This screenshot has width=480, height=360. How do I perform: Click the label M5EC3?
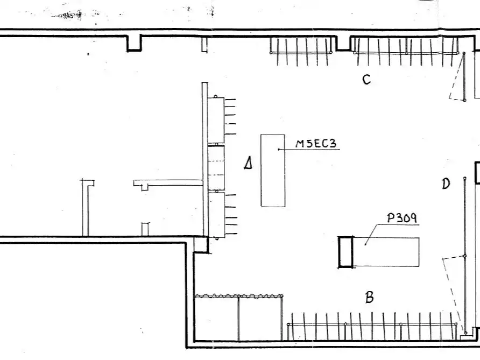(x=316, y=144)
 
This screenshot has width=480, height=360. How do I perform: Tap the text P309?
(x=402, y=217)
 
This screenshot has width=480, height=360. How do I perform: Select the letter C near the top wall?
(x=366, y=80)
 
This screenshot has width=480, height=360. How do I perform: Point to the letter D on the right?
(x=446, y=183)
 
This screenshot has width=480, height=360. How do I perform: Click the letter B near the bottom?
(x=370, y=297)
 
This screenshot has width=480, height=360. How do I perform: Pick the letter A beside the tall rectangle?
(x=248, y=163)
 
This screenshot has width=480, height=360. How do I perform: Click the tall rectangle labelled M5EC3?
(x=273, y=171)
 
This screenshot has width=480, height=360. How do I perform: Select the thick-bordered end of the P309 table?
(x=346, y=252)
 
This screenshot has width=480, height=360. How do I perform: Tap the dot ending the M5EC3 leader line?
(x=279, y=150)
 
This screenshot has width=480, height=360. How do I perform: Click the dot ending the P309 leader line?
(x=365, y=244)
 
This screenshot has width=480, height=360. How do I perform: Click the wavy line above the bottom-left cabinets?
(x=239, y=296)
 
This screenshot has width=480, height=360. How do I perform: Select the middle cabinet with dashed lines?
(x=216, y=167)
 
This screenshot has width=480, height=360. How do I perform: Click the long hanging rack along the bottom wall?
(x=372, y=326)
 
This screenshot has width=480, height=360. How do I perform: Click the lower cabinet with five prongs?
(x=222, y=215)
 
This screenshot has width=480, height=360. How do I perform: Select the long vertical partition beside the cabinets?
(x=205, y=159)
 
